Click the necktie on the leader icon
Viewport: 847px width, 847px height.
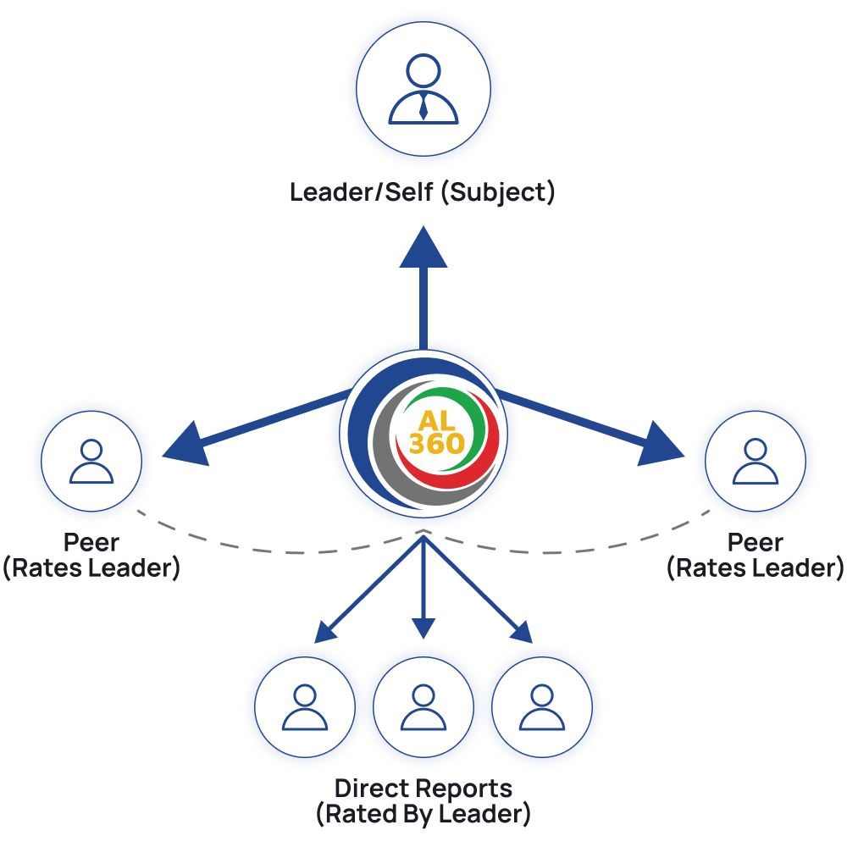[423, 107]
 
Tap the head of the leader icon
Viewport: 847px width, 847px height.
[423, 70]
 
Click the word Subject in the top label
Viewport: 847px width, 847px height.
[498, 193]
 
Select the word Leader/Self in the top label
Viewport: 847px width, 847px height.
[362, 192]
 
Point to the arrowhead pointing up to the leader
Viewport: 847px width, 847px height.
[423, 246]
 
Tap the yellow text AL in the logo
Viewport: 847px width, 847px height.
[436, 421]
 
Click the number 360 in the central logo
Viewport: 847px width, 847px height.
[436, 444]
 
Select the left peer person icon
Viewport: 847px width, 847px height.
[91, 461]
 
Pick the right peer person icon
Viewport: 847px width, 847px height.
[756, 461]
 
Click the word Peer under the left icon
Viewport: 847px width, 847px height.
[91, 542]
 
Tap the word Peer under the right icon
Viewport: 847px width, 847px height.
[756, 542]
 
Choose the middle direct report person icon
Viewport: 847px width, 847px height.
[423, 707]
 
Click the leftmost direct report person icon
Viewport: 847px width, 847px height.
[305, 707]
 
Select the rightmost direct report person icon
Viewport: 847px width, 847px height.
[542, 707]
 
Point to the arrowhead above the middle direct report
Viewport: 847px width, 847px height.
[423, 628]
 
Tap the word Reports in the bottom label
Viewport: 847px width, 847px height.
[458, 789]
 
